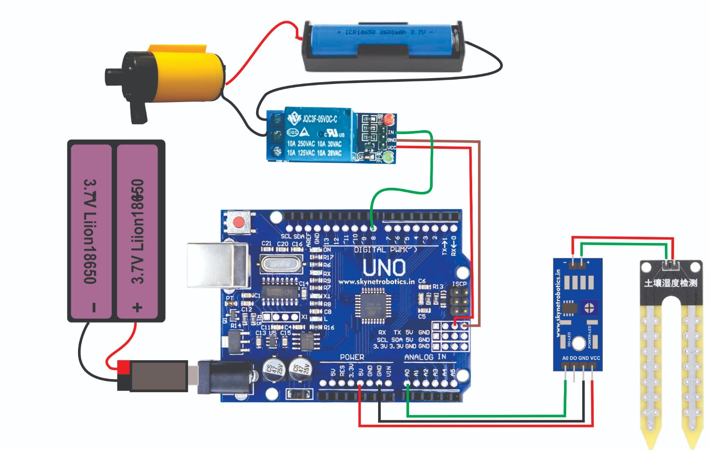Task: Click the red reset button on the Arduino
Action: (x=240, y=222)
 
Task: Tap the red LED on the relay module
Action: (x=389, y=119)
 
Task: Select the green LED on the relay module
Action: (x=389, y=156)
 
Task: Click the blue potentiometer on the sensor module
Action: (x=589, y=307)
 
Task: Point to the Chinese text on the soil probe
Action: (x=671, y=283)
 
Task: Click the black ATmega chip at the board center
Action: (x=373, y=306)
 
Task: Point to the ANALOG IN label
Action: (x=425, y=357)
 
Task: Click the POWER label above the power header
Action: (x=352, y=357)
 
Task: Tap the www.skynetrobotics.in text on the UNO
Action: (x=376, y=282)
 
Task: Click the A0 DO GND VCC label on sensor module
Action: (x=581, y=358)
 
